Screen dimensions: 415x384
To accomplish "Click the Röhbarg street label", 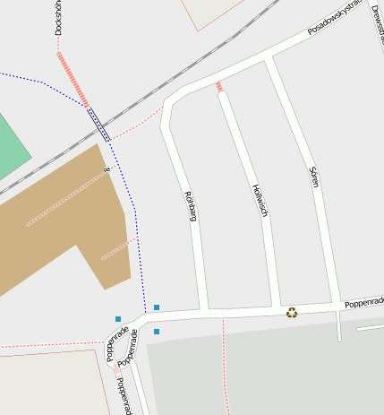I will [190, 205].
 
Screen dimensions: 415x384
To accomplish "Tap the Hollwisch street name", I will [260, 200].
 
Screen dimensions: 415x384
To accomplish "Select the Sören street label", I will [314, 176].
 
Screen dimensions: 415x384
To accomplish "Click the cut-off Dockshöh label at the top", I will [58, 17].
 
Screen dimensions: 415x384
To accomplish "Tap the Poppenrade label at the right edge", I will [364, 301].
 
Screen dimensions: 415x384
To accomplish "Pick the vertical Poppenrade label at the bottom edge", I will [124, 395].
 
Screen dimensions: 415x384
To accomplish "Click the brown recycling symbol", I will [292, 312].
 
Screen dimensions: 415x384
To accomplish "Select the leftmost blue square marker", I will [117, 319].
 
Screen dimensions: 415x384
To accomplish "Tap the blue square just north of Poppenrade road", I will [157, 307].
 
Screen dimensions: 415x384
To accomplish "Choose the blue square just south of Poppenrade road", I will [157, 332].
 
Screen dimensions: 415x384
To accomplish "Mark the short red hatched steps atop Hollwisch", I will [218, 86].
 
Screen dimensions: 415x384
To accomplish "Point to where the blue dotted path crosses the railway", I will [98, 124].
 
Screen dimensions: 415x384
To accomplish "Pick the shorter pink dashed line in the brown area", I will [118, 248].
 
